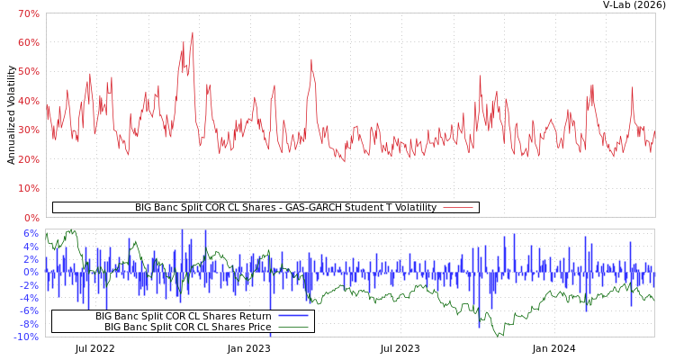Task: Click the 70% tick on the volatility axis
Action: pyautogui.click(x=28, y=13)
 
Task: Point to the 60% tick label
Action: pyautogui.click(x=28, y=42)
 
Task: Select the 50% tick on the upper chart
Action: pyautogui.click(x=28, y=72)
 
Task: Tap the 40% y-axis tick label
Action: pyautogui.click(x=28, y=101)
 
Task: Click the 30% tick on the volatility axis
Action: pyautogui.click(x=28, y=130)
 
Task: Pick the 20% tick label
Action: pyautogui.click(x=28, y=159)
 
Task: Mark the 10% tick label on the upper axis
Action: pyautogui.click(x=28, y=188)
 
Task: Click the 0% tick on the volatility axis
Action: pyautogui.click(x=31, y=218)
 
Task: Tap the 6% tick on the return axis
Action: pyautogui.click(x=31, y=233)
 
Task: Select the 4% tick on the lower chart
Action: pyautogui.click(x=31, y=247)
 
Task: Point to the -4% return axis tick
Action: pyautogui.click(x=29, y=298)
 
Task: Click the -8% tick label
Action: pyautogui.click(x=29, y=324)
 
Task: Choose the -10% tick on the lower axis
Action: pyautogui.click(x=26, y=337)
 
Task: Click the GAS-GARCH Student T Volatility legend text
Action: pyautogui.click(x=285, y=208)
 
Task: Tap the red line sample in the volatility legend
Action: pyautogui.click(x=458, y=208)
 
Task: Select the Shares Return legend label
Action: pyautogui.click(x=184, y=316)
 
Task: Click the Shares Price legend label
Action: pyautogui.click(x=187, y=327)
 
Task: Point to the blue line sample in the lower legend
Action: pyautogui.click(x=293, y=316)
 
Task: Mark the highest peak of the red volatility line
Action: pyautogui.click(x=192, y=32)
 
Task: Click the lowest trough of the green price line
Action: pyautogui.click(x=497, y=336)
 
